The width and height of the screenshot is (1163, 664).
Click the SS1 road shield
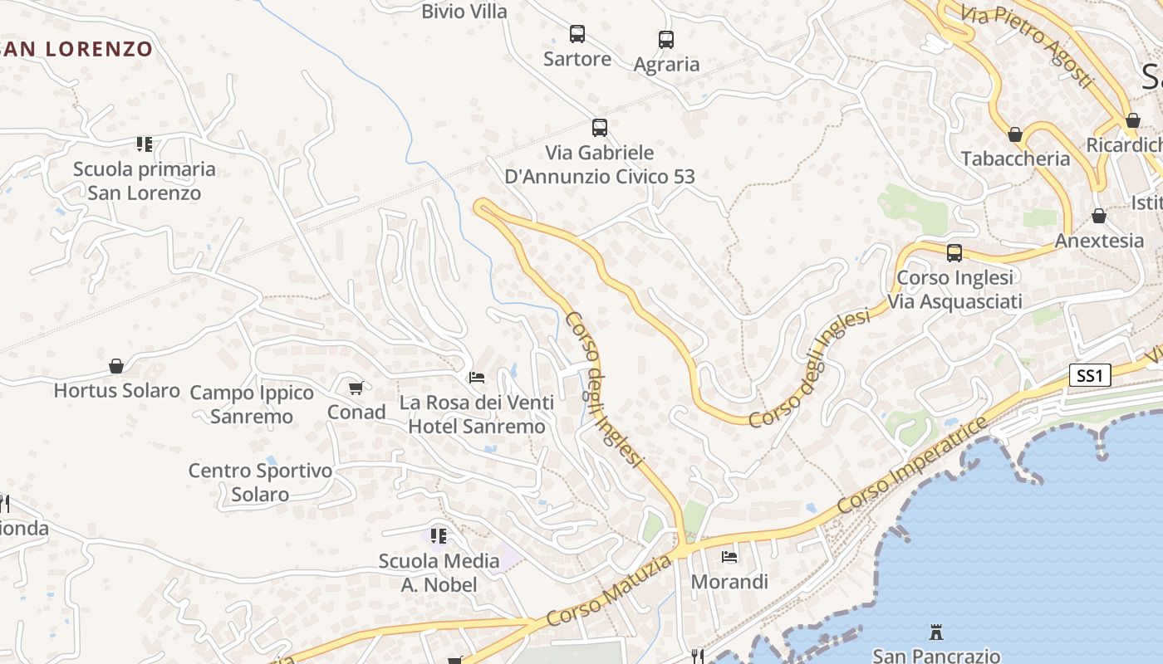(1089, 376)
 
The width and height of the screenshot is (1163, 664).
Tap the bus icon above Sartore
(577, 34)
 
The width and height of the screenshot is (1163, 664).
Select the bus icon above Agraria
(666, 39)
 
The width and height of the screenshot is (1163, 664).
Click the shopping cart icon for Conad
(356, 388)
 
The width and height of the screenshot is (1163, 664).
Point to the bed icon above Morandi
(729, 557)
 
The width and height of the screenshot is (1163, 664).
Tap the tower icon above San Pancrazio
(936, 632)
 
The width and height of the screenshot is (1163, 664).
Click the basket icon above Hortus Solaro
(116, 366)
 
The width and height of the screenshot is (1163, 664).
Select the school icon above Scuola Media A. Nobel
(439, 536)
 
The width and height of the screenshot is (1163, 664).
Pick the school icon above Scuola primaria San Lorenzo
(145, 144)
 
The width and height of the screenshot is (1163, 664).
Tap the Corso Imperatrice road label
(912, 466)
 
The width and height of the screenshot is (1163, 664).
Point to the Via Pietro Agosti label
(1027, 46)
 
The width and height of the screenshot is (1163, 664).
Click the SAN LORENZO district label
(77, 49)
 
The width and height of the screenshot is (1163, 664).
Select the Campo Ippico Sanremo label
(252, 404)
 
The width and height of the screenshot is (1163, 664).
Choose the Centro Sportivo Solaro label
(260, 482)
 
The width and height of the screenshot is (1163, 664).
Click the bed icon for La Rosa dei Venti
(477, 378)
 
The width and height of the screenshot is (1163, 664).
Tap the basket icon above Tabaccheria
(1014, 134)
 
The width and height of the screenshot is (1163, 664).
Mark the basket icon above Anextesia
(1099, 217)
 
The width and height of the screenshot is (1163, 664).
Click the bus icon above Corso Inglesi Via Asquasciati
(954, 252)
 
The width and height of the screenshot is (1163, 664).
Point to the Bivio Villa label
(464, 11)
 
